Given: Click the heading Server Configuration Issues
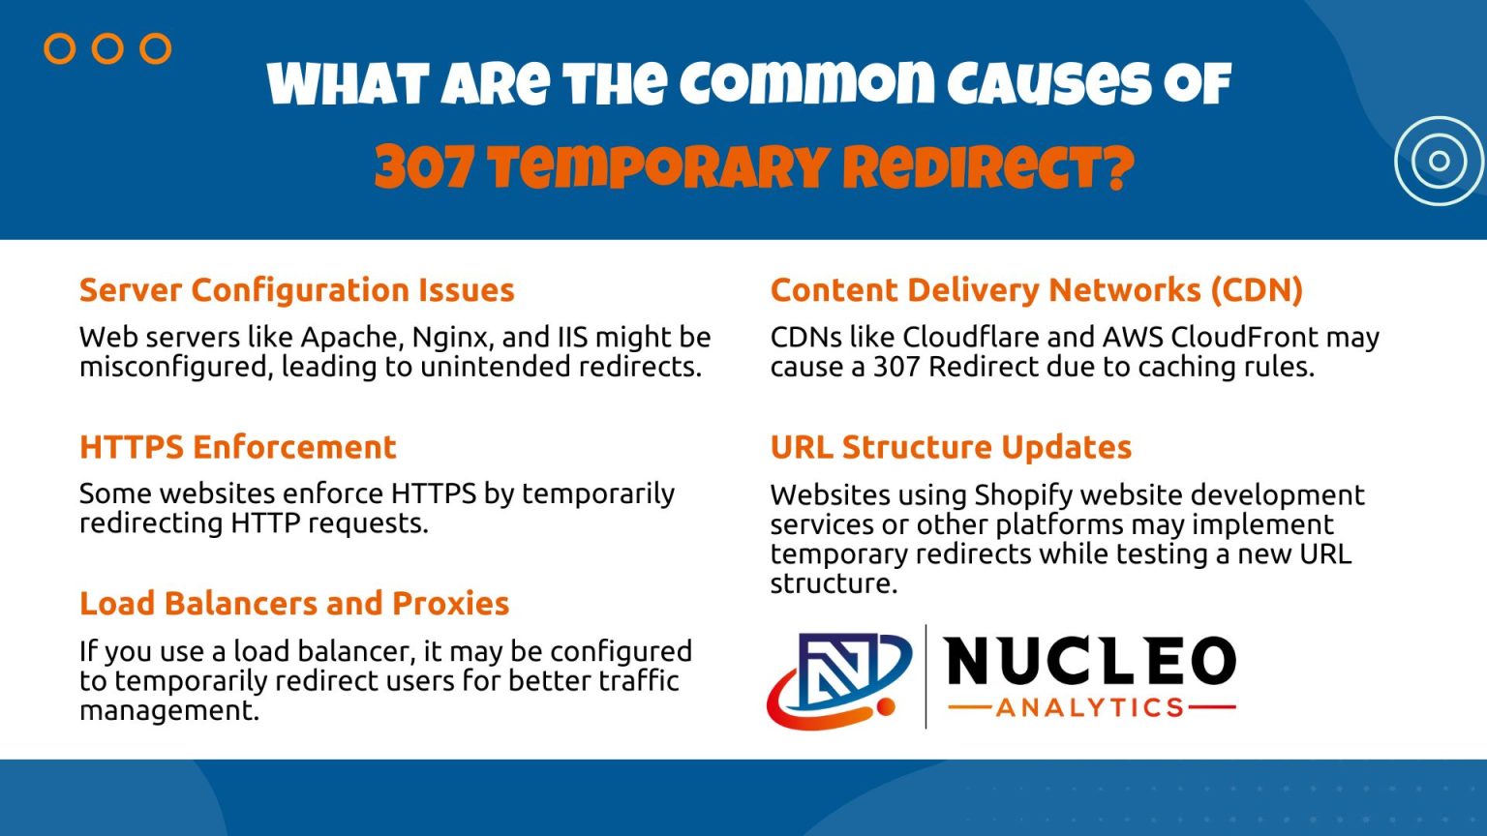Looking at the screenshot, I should tap(296, 290).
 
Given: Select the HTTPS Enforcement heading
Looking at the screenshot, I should tap(237, 447).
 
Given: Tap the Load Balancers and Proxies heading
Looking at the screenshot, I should tap(293, 604).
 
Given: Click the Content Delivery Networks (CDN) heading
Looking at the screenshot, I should tap(1036, 290).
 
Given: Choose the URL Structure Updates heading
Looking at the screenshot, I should tap(951, 447).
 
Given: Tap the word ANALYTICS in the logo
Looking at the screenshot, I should tap(1090, 708).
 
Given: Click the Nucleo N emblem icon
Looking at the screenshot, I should tap(838, 677).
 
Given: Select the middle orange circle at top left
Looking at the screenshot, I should tap(107, 48).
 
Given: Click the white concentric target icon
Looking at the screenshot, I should tap(1439, 161).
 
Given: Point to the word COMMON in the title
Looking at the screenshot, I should tap(807, 85).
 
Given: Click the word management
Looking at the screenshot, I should tap(168, 711).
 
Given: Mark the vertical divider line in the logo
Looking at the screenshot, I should tap(926, 676).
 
